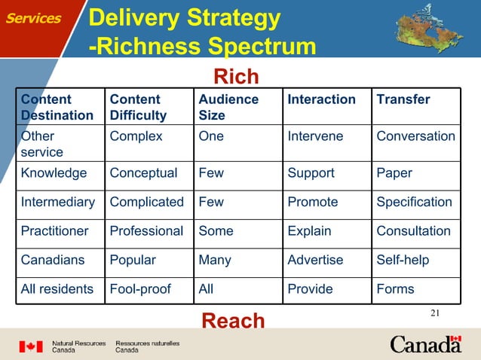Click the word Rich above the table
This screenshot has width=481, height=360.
pyautogui.click(x=236, y=77)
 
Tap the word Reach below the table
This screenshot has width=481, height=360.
pyautogui.click(x=233, y=322)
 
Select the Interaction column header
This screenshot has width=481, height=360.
pyautogui.click(x=321, y=99)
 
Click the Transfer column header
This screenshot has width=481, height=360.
pyautogui.click(x=403, y=99)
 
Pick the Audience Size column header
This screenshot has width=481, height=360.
pyautogui.click(x=228, y=107)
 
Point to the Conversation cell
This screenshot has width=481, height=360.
pyautogui.click(x=415, y=137)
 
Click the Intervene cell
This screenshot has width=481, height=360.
pyautogui.click(x=315, y=137)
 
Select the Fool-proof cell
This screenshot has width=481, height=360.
pyautogui.click(x=141, y=288)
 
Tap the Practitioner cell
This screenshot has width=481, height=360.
pyautogui.click(x=55, y=231)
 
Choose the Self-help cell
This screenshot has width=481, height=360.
pyautogui.click(x=403, y=260)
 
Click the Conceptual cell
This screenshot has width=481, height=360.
pyautogui.click(x=143, y=173)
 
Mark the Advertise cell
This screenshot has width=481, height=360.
pyautogui.click(x=315, y=260)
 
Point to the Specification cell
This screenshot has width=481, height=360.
pyautogui.click(x=414, y=202)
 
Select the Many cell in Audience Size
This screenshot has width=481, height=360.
pyautogui.click(x=215, y=260)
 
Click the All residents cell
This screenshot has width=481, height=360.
pyautogui.click(x=57, y=288)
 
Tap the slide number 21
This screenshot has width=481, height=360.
pyautogui.click(x=434, y=313)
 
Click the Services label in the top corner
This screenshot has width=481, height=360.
pyautogui.click(x=34, y=19)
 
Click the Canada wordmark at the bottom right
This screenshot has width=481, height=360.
pyautogui.click(x=425, y=344)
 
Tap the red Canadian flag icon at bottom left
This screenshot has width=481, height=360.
pyautogui.click(x=31, y=346)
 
